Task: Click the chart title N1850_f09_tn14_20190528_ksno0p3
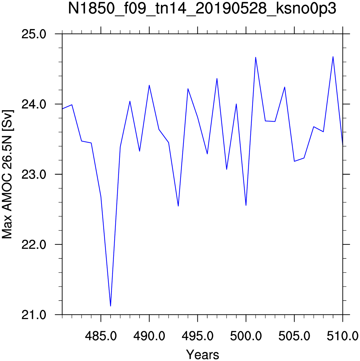[202, 9]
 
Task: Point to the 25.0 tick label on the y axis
[34, 34]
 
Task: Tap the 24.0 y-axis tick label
[34, 104]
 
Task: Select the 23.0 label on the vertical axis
[34, 175]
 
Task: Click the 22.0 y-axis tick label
[34, 245]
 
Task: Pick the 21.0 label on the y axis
[34, 315]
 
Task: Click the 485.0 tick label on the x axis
[101, 336]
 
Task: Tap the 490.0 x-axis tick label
[149, 336]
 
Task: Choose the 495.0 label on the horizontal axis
[198, 336]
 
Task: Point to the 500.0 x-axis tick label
[246, 336]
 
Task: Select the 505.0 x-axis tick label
[294, 336]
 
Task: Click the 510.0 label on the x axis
[343, 336]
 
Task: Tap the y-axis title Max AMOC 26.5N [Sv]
[7, 174]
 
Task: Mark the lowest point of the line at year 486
[111, 306]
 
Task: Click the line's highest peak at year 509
[333, 57]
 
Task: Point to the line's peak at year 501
[256, 57]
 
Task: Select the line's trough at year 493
[178, 206]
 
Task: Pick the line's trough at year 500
[246, 205]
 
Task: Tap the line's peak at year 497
[217, 79]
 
